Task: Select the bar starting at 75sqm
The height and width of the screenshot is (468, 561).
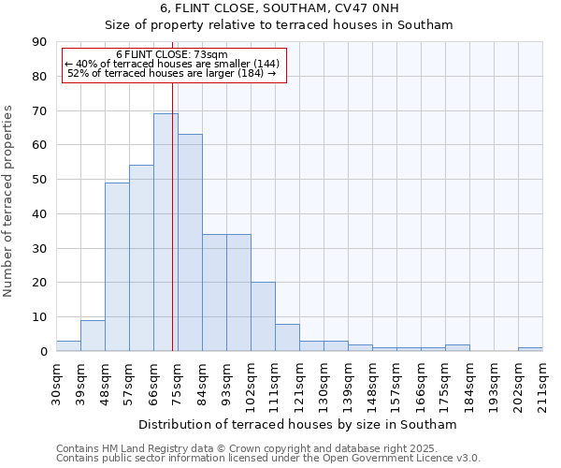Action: pos(190,242)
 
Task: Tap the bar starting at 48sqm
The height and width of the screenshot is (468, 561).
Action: pos(117,267)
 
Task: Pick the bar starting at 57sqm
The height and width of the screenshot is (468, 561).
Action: pos(141,258)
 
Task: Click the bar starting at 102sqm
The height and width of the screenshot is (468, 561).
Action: pos(263,316)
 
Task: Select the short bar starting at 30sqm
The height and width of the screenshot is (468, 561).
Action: pos(68,346)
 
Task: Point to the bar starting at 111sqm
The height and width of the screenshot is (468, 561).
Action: pos(287,337)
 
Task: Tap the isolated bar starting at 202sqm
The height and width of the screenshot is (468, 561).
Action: pos(530,349)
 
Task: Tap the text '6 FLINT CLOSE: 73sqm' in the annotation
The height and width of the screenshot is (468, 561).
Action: pos(172,55)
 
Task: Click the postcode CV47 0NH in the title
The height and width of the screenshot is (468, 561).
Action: pos(360,8)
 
